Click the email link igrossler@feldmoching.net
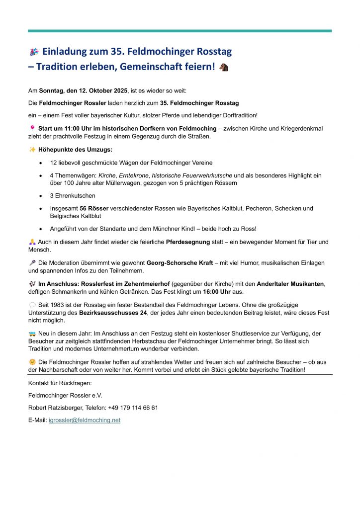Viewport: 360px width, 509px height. pos(85,421)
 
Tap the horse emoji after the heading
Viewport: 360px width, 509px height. pos(224,67)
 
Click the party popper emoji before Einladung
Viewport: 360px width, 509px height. pos(34,52)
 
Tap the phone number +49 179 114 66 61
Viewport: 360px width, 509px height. pos(133,408)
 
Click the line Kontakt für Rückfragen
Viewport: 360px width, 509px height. pos(60,383)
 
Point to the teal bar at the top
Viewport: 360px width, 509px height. pos(180,31)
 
